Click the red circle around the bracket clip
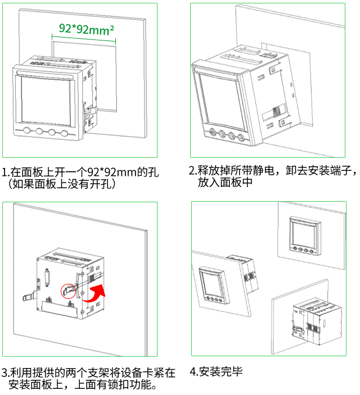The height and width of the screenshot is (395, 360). [x=68, y=290]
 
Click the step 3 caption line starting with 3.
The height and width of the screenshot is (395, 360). [x=88, y=373]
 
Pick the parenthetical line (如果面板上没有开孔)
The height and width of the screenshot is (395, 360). [x=61, y=184]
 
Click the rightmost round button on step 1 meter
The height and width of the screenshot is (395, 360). [x=65, y=133]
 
